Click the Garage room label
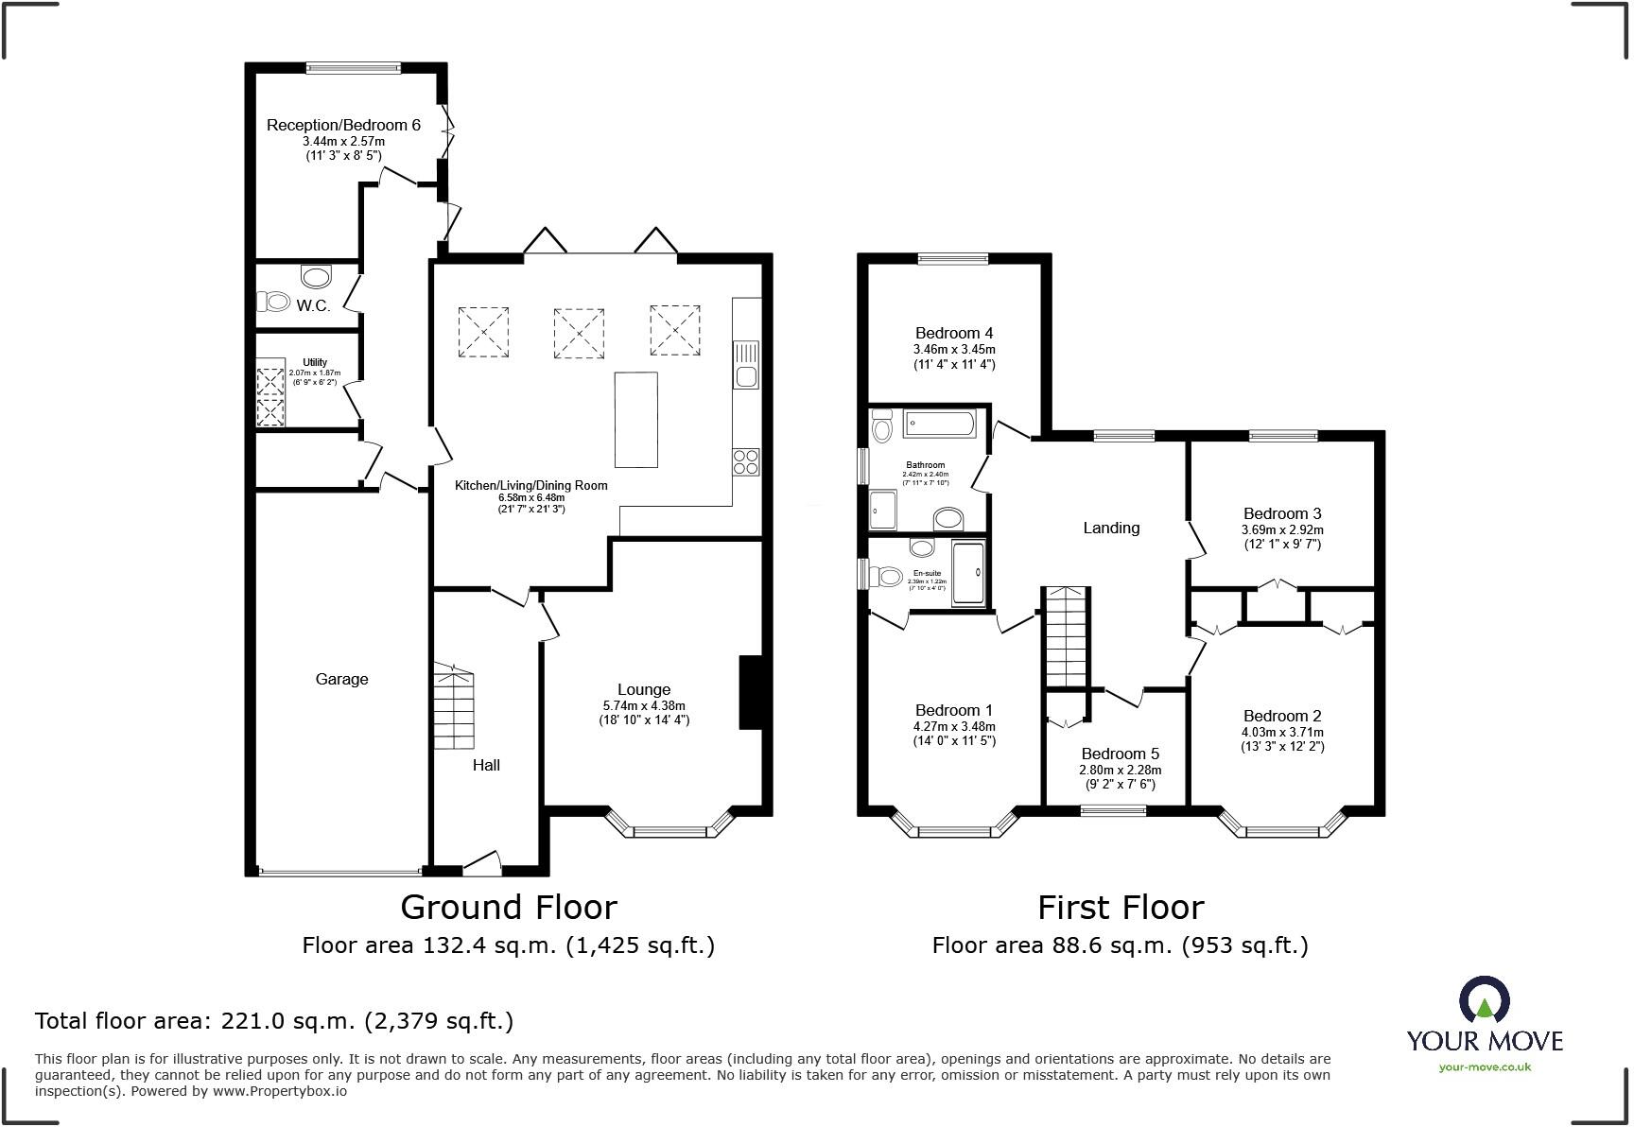click(x=341, y=679)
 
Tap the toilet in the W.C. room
click(x=275, y=302)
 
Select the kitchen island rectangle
click(x=636, y=420)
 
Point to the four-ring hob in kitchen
click(x=745, y=461)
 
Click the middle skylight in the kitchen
click(x=578, y=332)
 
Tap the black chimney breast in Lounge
click(x=750, y=692)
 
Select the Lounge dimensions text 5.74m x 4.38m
click(x=644, y=705)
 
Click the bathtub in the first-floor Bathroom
click(x=938, y=424)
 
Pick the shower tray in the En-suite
click(x=968, y=572)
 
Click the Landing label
click(x=1111, y=528)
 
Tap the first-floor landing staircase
click(x=1067, y=636)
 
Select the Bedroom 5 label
click(x=1120, y=754)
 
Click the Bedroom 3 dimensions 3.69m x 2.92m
click(x=1282, y=530)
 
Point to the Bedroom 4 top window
click(x=952, y=258)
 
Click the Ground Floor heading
click(x=509, y=907)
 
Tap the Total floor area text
click(x=274, y=1021)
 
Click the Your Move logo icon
click(x=1484, y=1000)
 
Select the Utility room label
click(x=315, y=362)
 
